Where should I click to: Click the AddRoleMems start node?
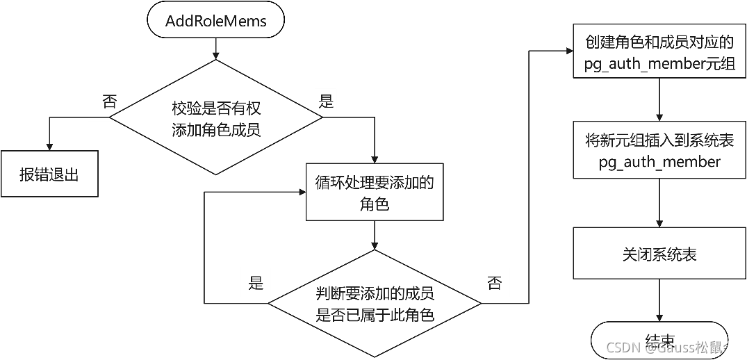point(215,21)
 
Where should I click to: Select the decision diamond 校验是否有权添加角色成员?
point(216,119)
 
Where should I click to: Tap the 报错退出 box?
point(49,174)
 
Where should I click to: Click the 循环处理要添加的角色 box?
point(375,193)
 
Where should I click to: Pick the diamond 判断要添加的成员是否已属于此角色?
point(375,304)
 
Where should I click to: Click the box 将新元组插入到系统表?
point(659,150)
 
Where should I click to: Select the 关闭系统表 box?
point(659,255)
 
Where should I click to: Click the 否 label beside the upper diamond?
point(109,102)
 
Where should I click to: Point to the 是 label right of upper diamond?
point(325,101)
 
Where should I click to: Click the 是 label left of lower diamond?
point(256,282)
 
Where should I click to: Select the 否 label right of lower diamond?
point(494,282)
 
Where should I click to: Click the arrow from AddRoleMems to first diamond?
point(216,49)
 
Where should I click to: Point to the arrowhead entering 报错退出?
point(49,145)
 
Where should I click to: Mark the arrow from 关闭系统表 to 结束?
point(659,302)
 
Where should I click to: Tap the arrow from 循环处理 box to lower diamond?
point(375,236)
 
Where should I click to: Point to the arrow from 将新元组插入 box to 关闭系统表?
point(659,202)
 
